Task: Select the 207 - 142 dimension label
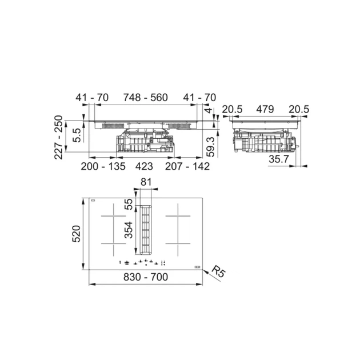click(x=187, y=166)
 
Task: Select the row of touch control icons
click(x=143, y=263)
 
